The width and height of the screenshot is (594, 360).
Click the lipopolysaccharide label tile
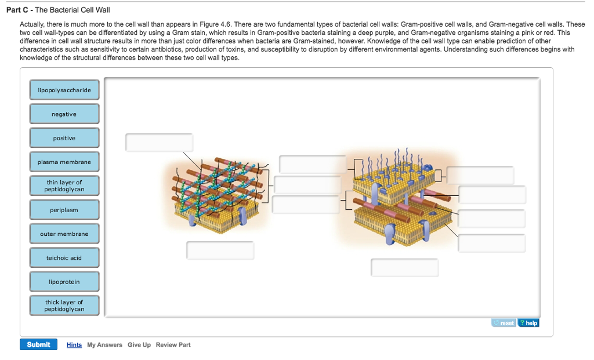coord(64,90)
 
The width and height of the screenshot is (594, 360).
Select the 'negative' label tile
coord(64,114)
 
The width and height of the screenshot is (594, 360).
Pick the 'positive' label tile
coord(64,138)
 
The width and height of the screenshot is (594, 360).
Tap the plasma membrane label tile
coord(64,162)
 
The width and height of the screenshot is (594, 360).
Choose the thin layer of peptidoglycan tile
coord(64,186)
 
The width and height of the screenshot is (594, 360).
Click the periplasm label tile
coord(64,210)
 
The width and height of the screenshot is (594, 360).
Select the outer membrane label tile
coord(64,234)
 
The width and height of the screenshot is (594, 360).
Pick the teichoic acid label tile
coord(64,258)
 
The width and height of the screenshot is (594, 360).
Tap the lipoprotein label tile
coord(64,282)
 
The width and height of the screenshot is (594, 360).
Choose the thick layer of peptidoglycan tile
coord(64,306)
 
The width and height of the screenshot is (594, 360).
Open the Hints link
coord(74,345)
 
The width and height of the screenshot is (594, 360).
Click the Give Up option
coord(139,345)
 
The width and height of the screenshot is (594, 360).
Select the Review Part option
coord(173,345)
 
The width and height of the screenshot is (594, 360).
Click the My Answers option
coord(104,345)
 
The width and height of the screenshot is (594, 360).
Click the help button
coord(528,323)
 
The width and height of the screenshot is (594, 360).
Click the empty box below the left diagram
coord(220,250)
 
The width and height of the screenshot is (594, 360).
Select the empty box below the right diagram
coord(404,268)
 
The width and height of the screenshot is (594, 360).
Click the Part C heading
coord(59,10)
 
